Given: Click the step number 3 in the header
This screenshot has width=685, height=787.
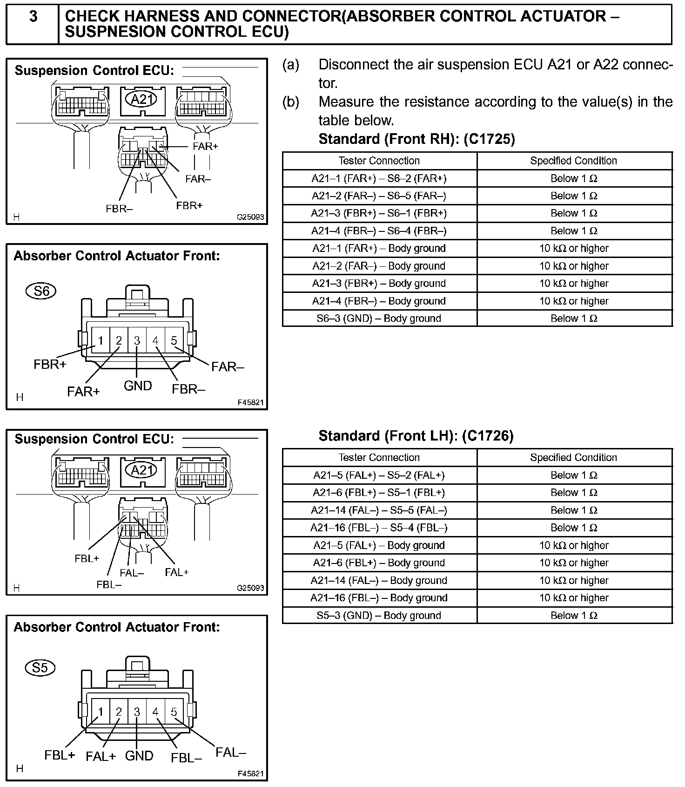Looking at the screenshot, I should (x=33, y=17).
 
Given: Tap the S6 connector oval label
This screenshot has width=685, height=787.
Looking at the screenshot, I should (x=41, y=292).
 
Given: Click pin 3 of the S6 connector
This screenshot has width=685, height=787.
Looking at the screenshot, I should (x=137, y=341).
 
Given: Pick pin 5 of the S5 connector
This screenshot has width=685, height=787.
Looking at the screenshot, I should (x=174, y=712).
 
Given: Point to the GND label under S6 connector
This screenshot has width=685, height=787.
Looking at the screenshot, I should (x=138, y=386).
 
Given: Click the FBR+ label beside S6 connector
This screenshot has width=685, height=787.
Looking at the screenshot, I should (x=50, y=365).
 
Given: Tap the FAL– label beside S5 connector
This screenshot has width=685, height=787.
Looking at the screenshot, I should (x=231, y=753).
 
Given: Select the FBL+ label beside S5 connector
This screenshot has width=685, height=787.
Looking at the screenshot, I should (x=60, y=755).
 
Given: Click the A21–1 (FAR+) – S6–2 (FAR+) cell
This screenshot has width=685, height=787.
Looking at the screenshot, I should (x=379, y=178).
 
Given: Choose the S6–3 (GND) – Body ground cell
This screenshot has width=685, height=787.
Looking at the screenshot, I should (x=379, y=319).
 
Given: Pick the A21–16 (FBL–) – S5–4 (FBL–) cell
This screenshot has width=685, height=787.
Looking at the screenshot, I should (x=379, y=528).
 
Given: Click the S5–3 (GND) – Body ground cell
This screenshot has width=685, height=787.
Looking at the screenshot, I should (x=379, y=616).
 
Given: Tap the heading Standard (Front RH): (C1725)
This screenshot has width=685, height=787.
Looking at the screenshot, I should (x=416, y=139).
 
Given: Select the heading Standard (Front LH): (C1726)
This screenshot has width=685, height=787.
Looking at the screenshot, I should (x=416, y=436).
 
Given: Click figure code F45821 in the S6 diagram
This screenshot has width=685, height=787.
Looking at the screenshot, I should (x=251, y=403).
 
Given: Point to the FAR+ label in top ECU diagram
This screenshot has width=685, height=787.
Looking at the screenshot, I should (x=205, y=146).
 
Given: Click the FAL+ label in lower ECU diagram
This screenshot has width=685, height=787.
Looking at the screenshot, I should (x=176, y=572).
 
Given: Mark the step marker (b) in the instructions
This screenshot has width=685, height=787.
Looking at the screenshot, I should (x=291, y=102).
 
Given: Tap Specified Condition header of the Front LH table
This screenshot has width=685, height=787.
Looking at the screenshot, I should (x=573, y=458).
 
